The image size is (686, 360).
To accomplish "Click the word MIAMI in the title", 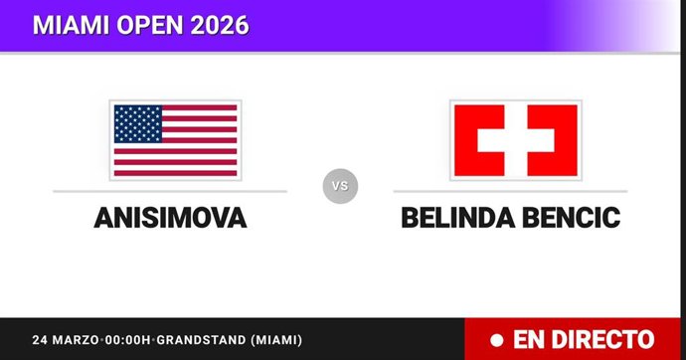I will point(69,25).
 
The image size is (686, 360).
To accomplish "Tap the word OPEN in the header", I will point(147,25).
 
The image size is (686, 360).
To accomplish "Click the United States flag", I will point(175,139).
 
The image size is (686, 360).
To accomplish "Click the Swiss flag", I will point(514,139).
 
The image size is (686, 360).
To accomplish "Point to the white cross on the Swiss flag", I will point(514,139).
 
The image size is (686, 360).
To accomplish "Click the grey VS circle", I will point(340,186).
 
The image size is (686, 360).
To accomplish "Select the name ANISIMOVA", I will point(170,219).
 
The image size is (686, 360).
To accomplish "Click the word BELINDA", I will point(456,219).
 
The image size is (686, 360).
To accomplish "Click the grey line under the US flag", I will point(170,191).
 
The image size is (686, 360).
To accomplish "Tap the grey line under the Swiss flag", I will point(509,191).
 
